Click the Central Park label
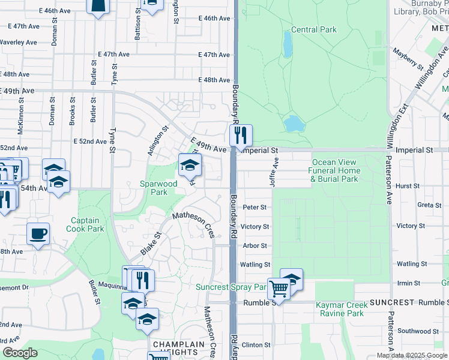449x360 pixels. (x=314, y=30)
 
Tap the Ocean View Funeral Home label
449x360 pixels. (x=334, y=170)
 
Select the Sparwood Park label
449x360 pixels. (x=158, y=188)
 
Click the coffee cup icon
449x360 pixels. (x=39, y=233)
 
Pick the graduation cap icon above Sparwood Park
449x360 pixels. (x=190, y=166)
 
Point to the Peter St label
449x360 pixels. (x=255, y=208)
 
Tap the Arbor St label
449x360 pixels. (x=255, y=246)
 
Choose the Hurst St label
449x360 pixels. (x=408, y=187)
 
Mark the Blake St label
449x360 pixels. (x=151, y=243)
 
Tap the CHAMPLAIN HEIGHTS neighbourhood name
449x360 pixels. (x=179, y=348)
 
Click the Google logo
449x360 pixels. (x=20, y=353)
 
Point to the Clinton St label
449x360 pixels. (x=256, y=345)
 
